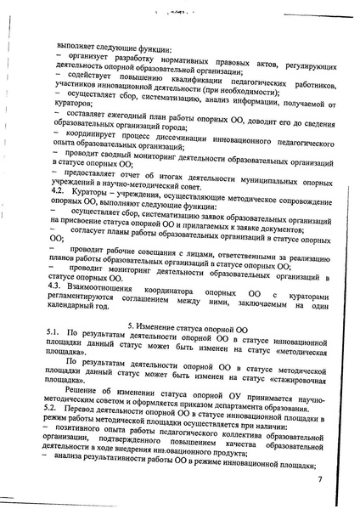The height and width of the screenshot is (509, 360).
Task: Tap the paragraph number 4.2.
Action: coord(52,194)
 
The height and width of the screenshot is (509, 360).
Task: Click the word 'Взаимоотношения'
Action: coord(109,289)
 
